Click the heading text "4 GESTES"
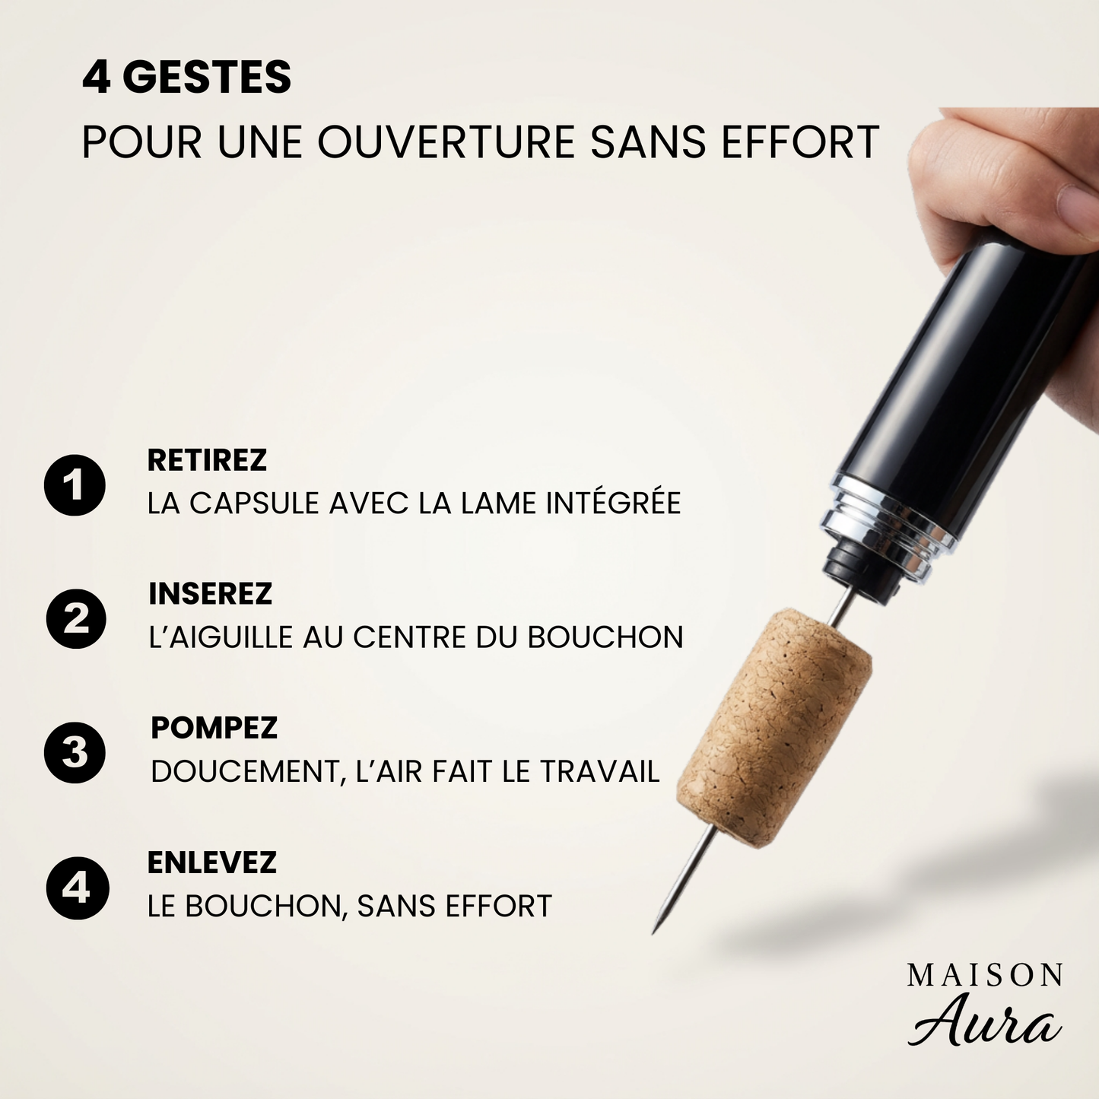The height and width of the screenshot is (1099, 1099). (x=186, y=78)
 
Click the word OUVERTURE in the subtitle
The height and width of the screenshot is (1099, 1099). (x=446, y=142)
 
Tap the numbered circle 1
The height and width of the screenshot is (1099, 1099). (x=75, y=485)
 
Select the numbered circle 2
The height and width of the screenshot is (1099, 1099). (x=76, y=618)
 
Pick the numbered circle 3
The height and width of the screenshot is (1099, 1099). (x=75, y=753)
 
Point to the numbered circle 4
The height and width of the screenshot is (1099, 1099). (x=77, y=888)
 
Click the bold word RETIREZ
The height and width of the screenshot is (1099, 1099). (x=207, y=460)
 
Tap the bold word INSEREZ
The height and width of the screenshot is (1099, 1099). (x=210, y=594)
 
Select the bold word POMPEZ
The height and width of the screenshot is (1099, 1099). (x=214, y=728)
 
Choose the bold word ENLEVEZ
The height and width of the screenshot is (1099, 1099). (x=211, y=862)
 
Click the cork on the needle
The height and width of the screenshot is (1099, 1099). (x=774, y=726)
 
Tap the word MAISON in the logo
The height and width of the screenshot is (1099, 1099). (x=985, y=976)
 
